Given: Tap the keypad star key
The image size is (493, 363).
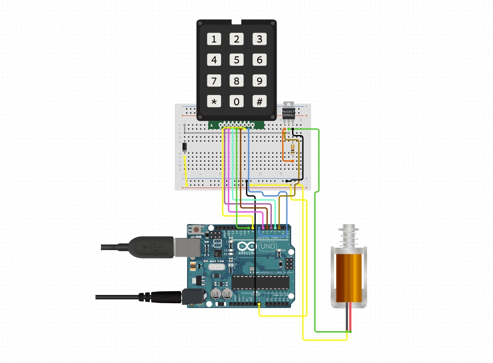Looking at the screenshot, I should [214, 102].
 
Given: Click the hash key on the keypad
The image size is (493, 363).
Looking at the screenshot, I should [259, 102].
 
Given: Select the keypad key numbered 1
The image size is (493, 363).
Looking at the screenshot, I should [214, 40].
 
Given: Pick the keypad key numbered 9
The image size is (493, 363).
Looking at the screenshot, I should [259, 80].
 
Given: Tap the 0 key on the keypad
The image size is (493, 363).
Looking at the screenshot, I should [237, 102].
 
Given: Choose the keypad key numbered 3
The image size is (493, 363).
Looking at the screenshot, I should [259, 40].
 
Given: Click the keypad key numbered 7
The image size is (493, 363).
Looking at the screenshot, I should [214, 80].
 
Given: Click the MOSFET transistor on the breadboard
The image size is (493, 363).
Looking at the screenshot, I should [289, 113].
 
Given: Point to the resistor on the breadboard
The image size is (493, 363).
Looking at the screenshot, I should [293, 149].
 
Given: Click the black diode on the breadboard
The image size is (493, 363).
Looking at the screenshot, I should [184, 147].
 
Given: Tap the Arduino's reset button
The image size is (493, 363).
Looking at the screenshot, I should [196, 229].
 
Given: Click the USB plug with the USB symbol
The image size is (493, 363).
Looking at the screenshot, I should [150, 247].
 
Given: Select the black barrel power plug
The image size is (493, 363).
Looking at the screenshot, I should [165, 296].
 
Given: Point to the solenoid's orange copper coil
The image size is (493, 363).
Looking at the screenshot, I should [348, 277].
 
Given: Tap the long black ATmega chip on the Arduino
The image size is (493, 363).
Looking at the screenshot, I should [260, 282].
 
